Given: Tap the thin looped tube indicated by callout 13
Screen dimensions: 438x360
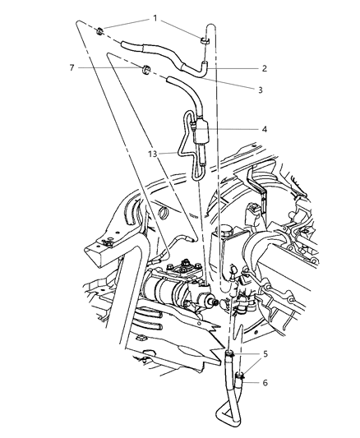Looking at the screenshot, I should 182,152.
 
